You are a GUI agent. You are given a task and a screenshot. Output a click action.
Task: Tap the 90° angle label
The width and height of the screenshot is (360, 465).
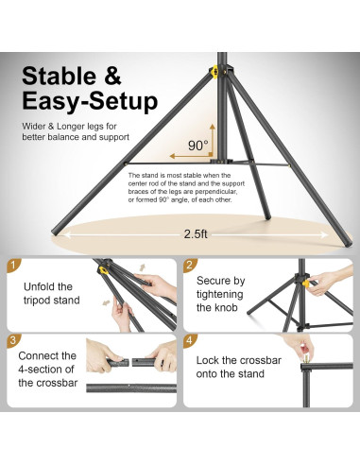pyautogui.click(x=196, y=145)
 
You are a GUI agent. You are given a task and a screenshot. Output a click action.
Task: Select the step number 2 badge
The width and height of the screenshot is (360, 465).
pyautogui.click(x=189, y=267)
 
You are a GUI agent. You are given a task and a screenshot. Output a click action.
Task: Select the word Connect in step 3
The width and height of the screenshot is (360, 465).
pyautogui.click(x=43, y=355)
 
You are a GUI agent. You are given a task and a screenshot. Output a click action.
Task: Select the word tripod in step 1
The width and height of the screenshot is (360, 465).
pyautogui.click(x=38, y=301)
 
